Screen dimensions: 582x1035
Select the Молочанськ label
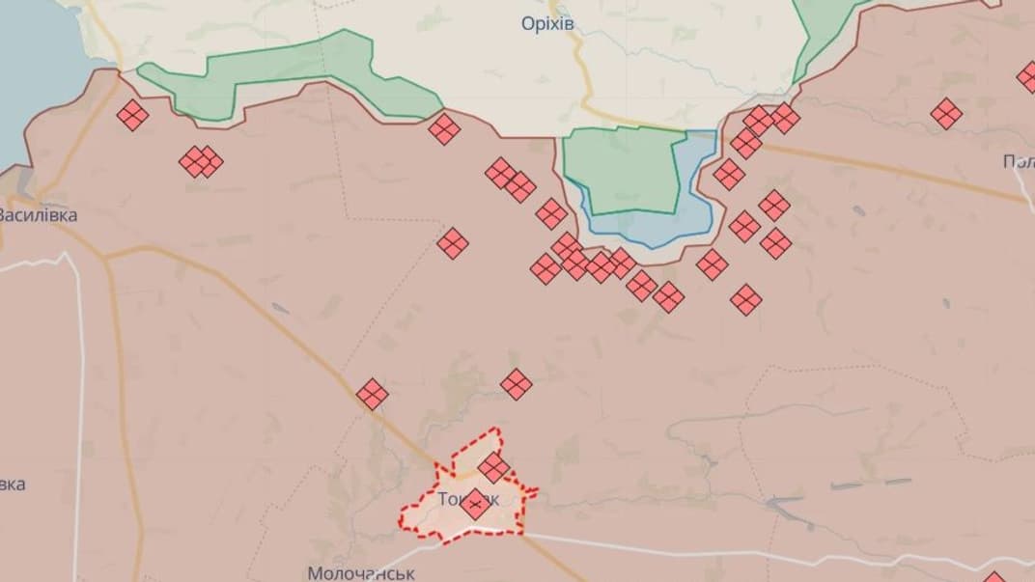tap(361, 572)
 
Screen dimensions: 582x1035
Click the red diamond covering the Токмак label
tap(474, 504)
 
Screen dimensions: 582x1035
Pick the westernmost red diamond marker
tap(132, 116)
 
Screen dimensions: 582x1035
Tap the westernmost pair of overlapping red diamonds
tap(201, 161)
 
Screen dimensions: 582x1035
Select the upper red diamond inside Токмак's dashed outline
tap(493, 467)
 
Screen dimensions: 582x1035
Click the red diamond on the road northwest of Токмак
tap(372, 394)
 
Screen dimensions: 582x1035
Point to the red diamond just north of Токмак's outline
tap(517, 384)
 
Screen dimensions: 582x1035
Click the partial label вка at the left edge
tap(13, 484)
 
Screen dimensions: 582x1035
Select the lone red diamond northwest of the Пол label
tap(946, 114)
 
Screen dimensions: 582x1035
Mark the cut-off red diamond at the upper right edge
tap(1027, 77)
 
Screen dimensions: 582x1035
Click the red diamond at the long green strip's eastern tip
tap(444, 128)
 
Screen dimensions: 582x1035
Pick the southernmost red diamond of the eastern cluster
tap(746, 299)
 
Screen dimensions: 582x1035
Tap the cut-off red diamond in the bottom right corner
tap(994, 577)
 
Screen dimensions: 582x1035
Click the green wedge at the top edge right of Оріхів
tap(821, 34)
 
